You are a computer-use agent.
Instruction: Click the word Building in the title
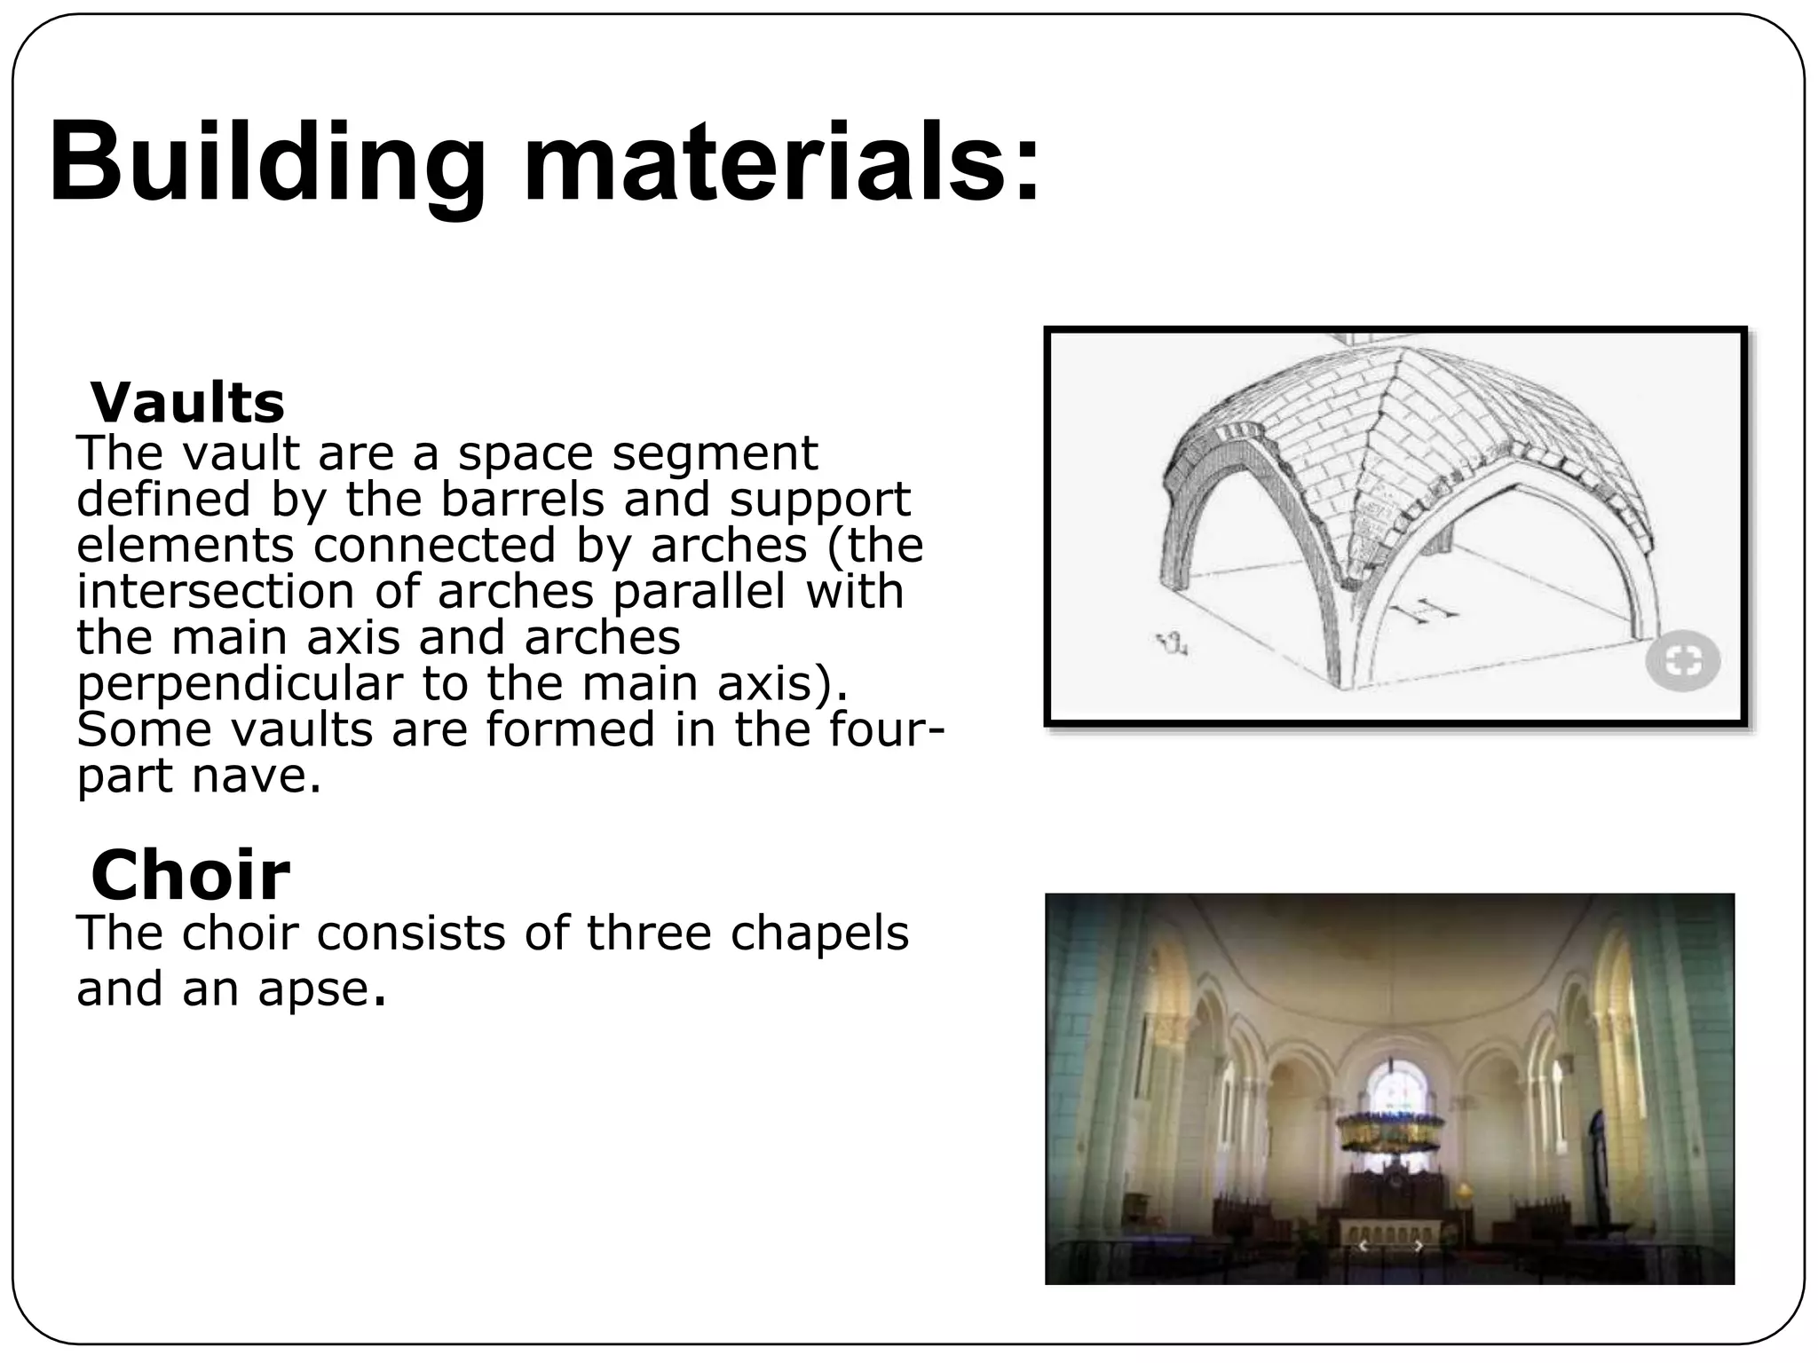266,164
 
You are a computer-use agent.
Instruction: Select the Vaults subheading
187,403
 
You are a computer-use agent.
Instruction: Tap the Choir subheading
190,875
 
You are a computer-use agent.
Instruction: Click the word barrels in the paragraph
522,499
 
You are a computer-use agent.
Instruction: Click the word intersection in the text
216,592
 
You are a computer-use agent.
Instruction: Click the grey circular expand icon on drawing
1682,662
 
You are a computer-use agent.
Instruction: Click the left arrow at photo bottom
1363,1247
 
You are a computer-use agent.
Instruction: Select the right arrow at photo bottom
1419,1247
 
